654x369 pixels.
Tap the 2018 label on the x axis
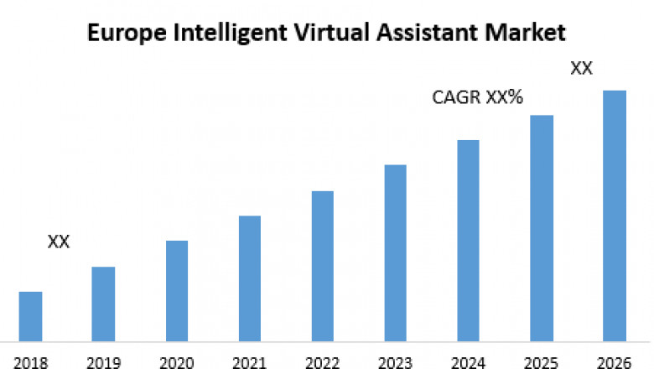[30, 362]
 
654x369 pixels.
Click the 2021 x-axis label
[249, 362]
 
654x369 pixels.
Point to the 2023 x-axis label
[395, 362]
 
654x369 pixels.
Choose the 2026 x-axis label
[615, 362]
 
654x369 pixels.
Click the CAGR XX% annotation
[477, 98]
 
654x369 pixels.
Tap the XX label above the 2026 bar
[582, 69]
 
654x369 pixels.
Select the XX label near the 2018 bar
[59, 242]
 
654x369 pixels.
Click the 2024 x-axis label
[468, 362]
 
